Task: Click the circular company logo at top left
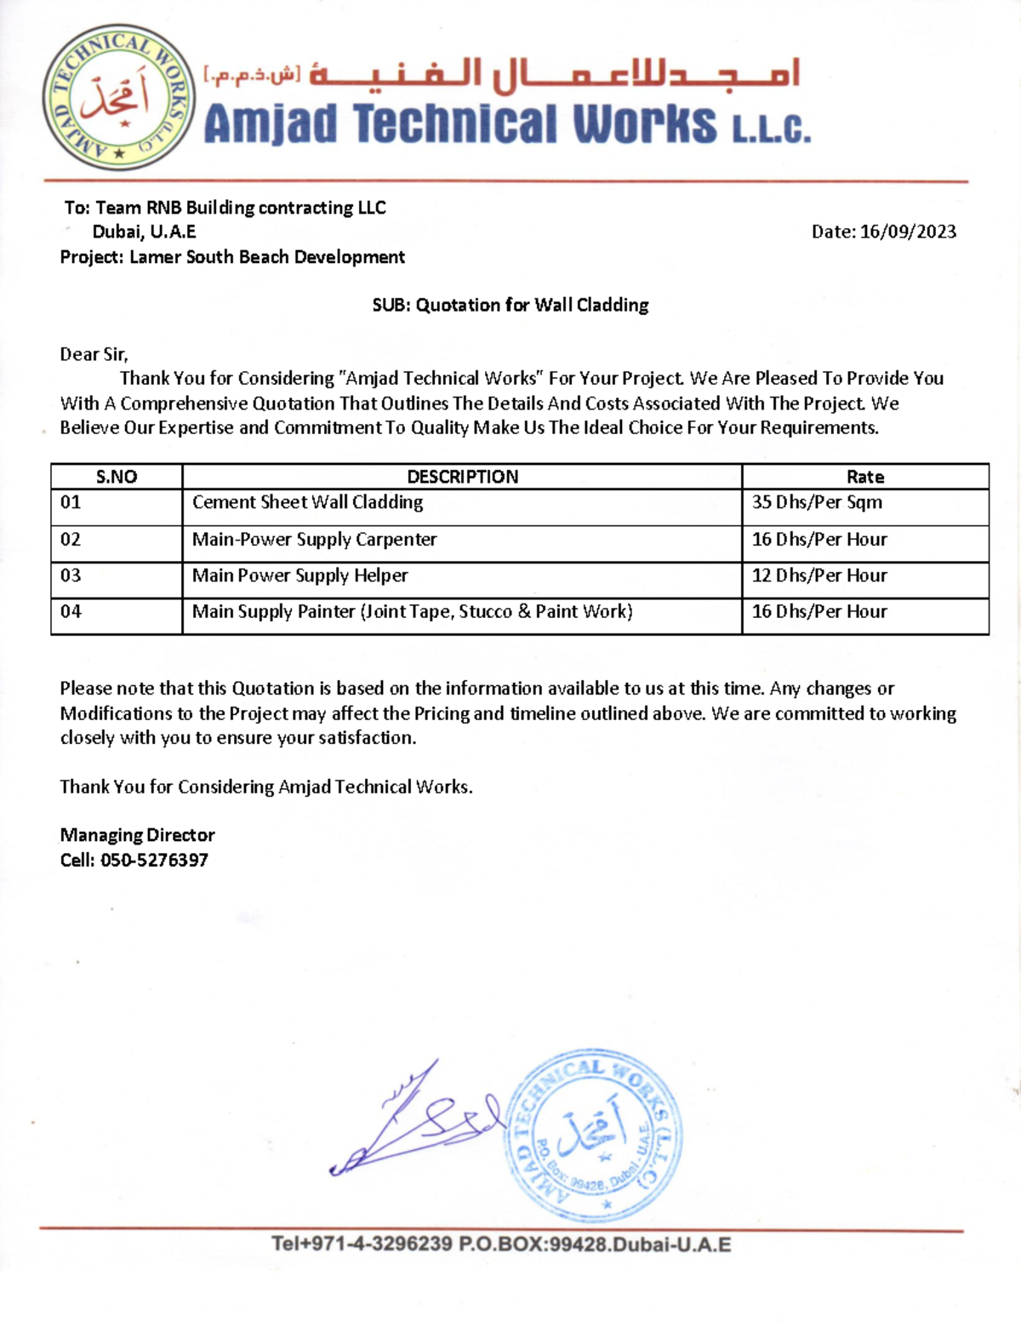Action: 118,98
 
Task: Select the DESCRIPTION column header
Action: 462,477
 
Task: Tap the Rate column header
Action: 864,477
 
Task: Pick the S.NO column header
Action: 117,477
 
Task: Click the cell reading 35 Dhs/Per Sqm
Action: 817,502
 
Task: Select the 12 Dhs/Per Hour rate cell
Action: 819,575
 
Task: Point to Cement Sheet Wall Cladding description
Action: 307,502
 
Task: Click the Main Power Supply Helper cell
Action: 299,575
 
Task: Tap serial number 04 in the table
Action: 71,611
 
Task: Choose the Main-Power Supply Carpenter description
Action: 314,540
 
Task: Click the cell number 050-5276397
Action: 154,860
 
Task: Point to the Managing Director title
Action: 137,835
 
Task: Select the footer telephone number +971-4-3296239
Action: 362,1244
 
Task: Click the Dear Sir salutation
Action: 94,354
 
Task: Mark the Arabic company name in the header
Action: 553,75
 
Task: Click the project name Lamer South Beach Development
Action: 266,257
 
